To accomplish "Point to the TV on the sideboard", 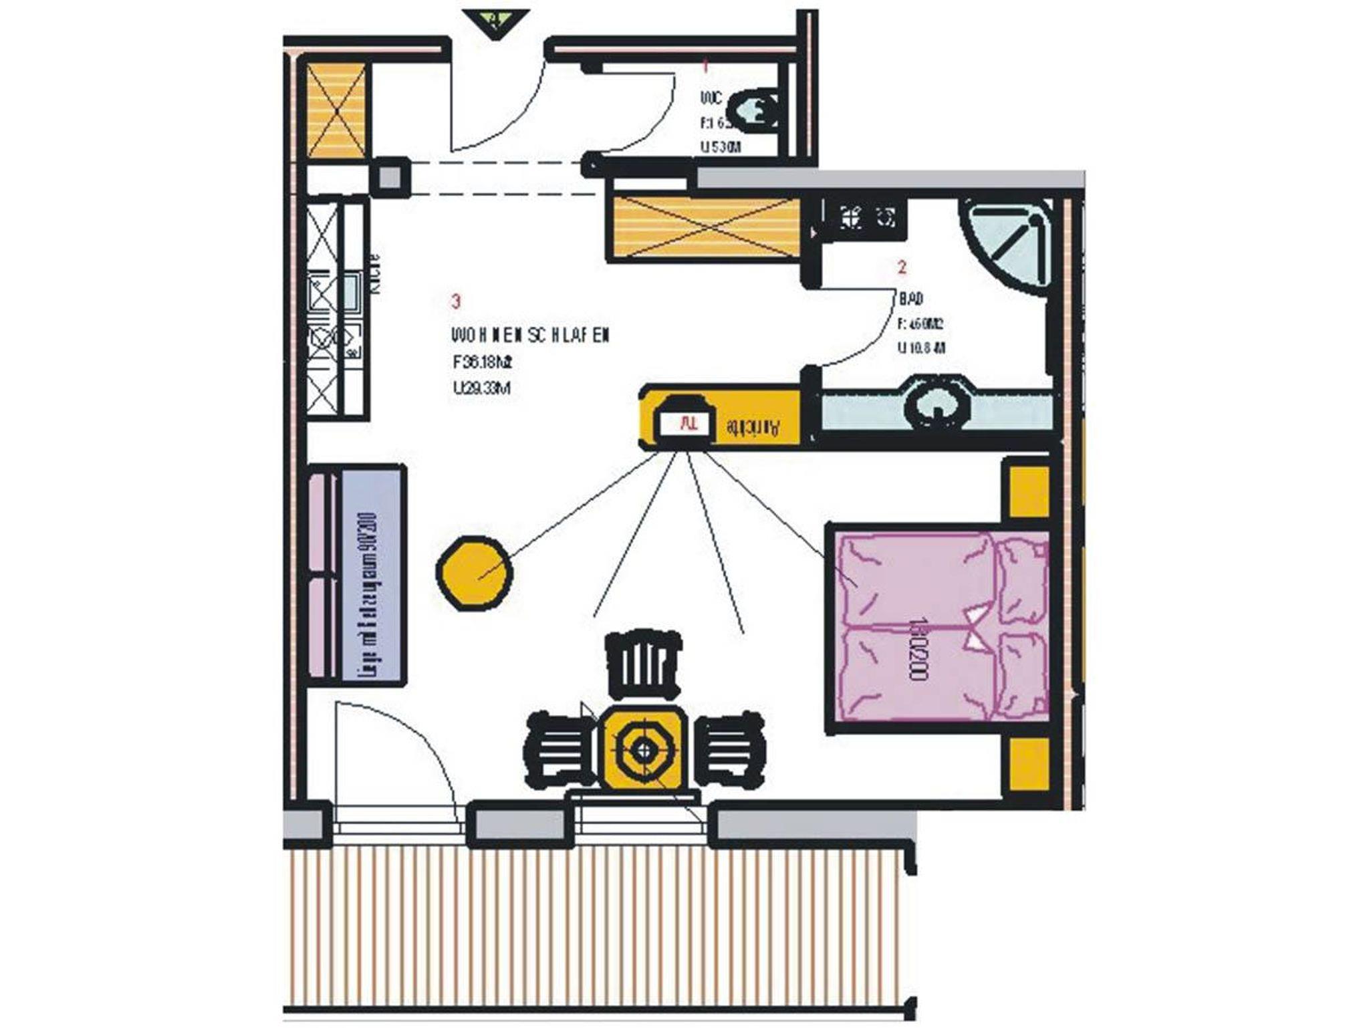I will [683, 421].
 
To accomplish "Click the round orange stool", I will [475, 573].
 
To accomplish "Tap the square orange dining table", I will [644, 749].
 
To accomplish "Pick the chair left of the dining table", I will [560, 749].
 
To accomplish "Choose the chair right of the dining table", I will [729, 749].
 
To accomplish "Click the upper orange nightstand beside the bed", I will [1028, 492].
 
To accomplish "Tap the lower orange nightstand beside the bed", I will [1028, 765].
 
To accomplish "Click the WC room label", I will [711, 98].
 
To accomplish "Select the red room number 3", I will [456, 301].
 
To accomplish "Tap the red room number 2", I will [902, 268].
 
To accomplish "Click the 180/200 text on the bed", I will [917, 648].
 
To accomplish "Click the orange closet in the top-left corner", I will [336, 110].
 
